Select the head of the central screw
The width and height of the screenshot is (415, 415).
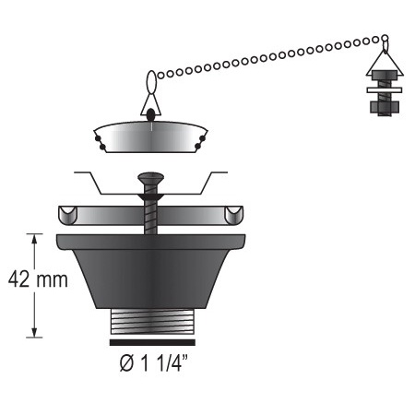coord(148,178)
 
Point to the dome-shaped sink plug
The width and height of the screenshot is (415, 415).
coord(149,137)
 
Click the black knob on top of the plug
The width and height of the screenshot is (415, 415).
coord(149,115)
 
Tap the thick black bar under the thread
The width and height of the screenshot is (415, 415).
coord(150,342)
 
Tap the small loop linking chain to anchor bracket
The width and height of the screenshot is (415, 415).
coord(385,41)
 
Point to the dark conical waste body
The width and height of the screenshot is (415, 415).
coord(150,272)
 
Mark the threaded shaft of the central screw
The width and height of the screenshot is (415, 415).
coord(148,212)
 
